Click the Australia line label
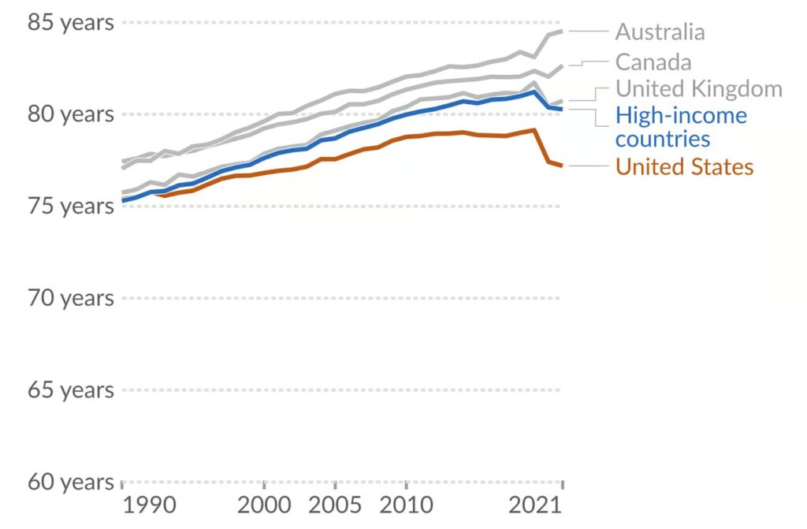pos(660,32)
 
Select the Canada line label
pos(653,62)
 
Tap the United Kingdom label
pos(698,88)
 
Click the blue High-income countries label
pos(681,127)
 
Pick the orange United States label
pos(684,167)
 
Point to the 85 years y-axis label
pos(70,23)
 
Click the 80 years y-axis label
pos(70,114)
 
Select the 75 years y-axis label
pos(70,207)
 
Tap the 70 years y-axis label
pos(70,298)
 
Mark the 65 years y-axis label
pos(70,390)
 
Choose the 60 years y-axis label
pos(70,482)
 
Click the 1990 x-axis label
pos(149,505)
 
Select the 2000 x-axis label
pos(264,505)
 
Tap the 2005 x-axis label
pos(335,505)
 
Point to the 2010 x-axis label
pos(406,505)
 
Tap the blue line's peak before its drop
pos(534,92)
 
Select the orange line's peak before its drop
pos(534,130)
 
